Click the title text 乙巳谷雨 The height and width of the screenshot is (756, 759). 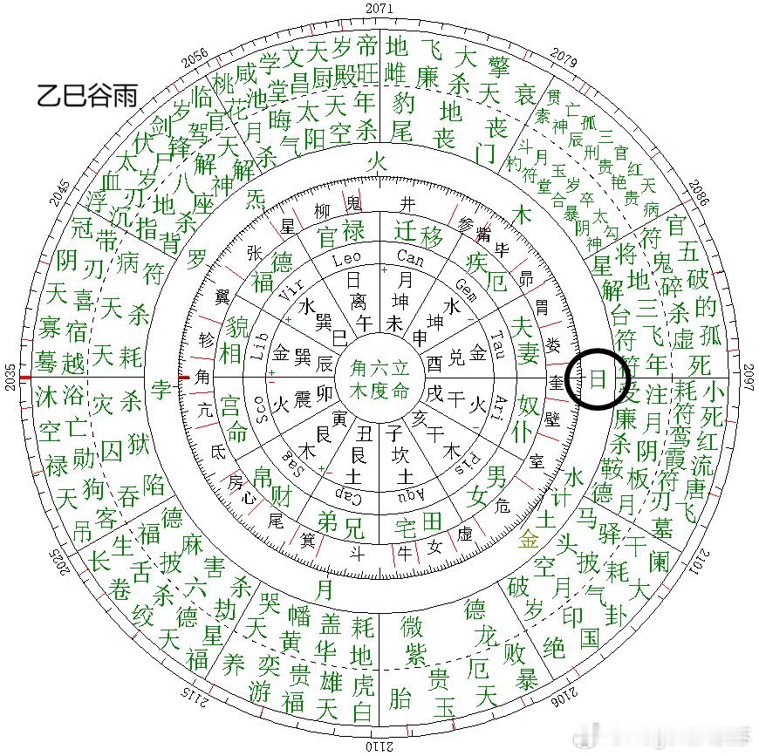(x=86, y=94)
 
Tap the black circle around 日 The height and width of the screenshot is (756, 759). (x=598, y=378)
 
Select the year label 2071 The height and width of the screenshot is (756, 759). (x=379, y=7)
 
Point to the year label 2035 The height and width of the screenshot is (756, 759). (x=10, y=378)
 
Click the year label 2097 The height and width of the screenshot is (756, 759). (x=749, y=378)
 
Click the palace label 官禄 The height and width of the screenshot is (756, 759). (x=339, y=235)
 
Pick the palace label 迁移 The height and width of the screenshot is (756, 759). (x=418, y=234)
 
